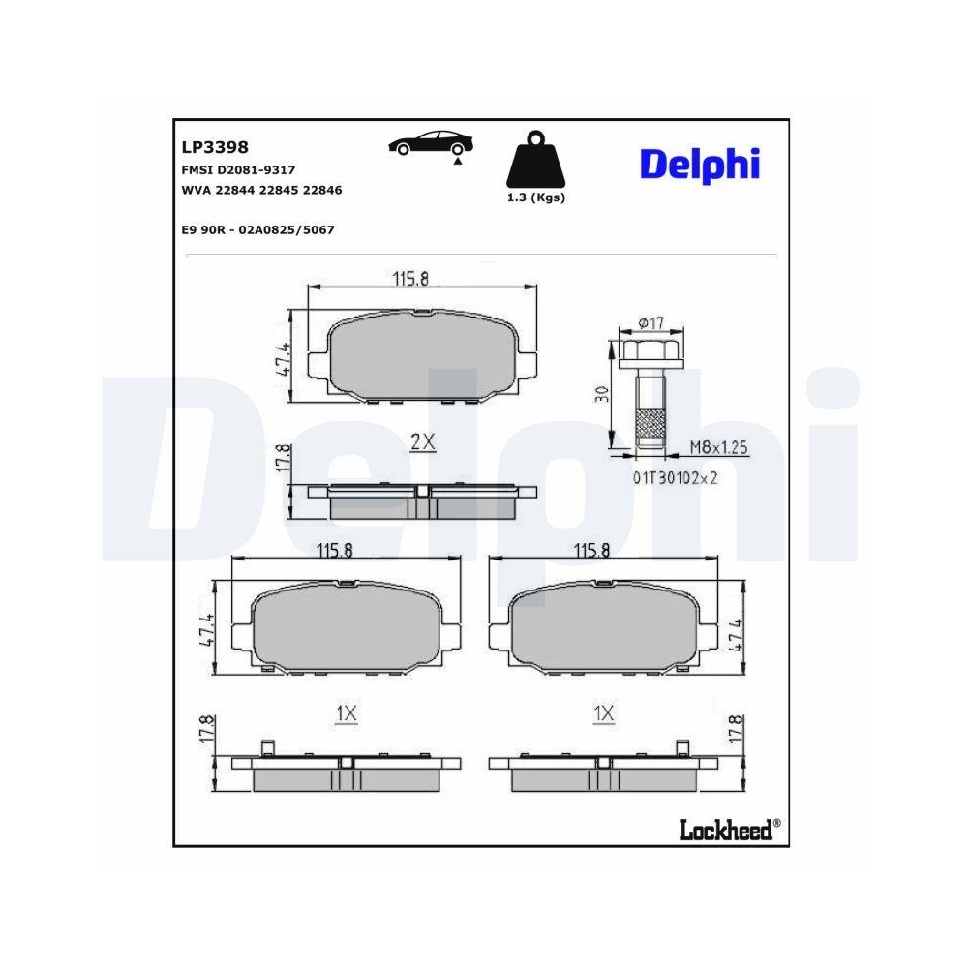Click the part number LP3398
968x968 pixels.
coord(215,147)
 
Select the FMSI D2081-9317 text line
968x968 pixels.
coord(238,169)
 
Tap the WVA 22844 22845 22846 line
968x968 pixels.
coord(261,190)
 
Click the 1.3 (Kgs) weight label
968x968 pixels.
coord(535,197)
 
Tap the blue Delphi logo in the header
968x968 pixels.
coord(700,165)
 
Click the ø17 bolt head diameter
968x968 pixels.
coord(650,323)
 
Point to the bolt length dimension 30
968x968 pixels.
coord(602,395)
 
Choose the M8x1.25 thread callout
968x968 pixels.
coord(719,447)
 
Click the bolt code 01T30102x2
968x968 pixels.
coord(676,476)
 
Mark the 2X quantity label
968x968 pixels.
coord(423,442)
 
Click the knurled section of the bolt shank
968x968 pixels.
coord(650,422)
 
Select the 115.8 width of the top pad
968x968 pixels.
coord(410,279)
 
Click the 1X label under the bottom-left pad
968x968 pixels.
coord(347,713)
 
